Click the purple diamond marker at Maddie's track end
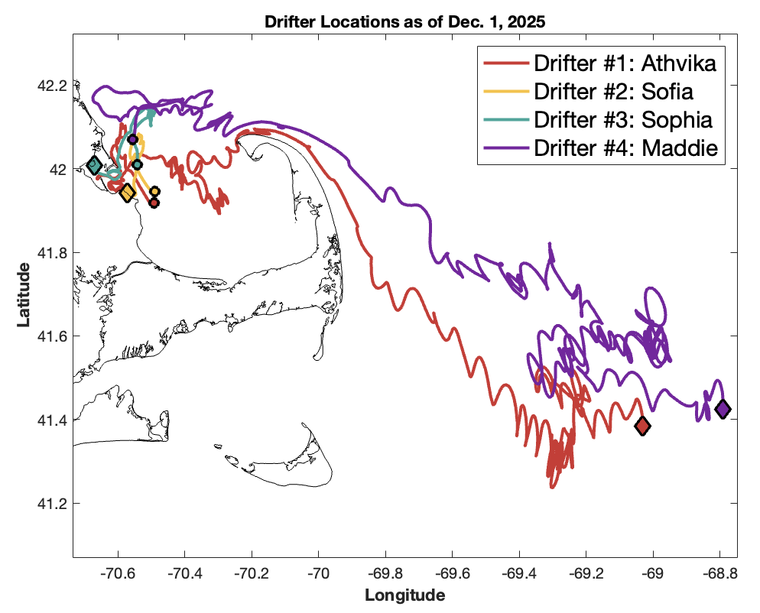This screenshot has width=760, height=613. [x=722, y=409]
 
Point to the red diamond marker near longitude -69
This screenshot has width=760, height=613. [x=642, y=426]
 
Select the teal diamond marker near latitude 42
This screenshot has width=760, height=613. [x=94, y=165]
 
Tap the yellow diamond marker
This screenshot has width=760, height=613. [x=127, y=193]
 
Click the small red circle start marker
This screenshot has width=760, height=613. [x=154, y=203]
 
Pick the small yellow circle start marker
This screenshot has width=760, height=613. [x=154, y=191]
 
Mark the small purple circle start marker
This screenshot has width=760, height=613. [x=132, y=139]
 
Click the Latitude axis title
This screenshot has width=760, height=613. [x=24, y=294]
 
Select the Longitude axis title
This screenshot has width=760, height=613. [x=404, y=595]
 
